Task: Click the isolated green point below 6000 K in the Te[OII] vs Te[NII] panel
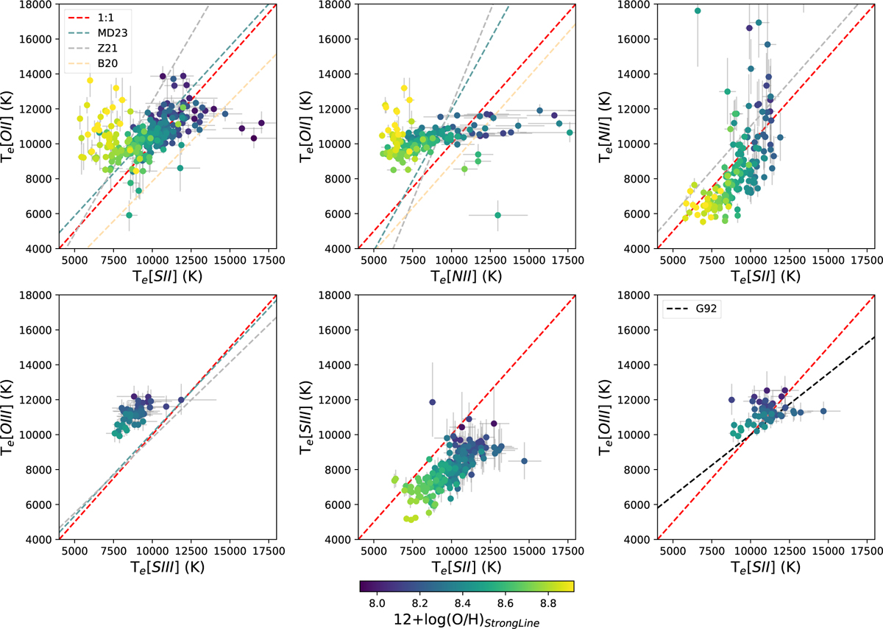pyautogui.click(x=497, y=215)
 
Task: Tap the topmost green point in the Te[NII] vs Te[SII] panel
pyautogui.click(x=698, y=11)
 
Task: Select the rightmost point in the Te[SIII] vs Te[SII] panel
pyautogui.click(x=524, y=461)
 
